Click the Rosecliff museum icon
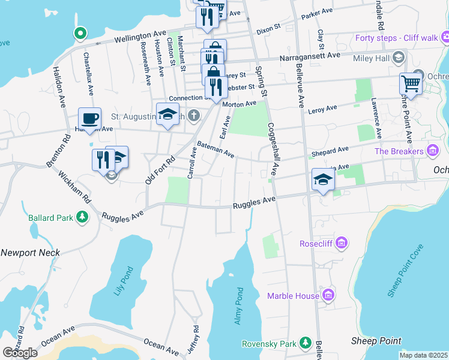tap(341, 243)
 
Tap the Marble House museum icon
tap(328, 295)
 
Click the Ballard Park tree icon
tap(79, 217)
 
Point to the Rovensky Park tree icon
tap(306, 343)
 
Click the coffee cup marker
tap(89, 118)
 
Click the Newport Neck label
tap(30, 253)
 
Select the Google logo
tap(20, 353)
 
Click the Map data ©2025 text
tap(423, 355)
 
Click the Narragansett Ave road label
tap(310, 56)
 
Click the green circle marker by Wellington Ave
tap(79, 33)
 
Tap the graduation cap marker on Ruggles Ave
tap(323, 179)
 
